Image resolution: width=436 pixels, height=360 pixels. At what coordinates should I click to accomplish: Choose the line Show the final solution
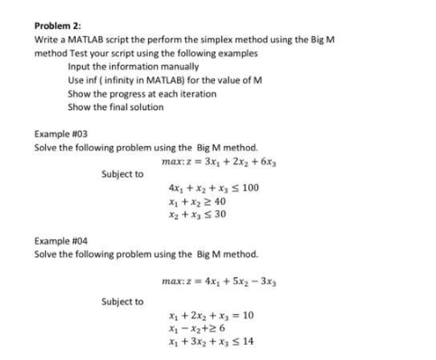click(115, 106)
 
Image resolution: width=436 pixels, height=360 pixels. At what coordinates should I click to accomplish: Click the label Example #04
click(58, 241)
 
